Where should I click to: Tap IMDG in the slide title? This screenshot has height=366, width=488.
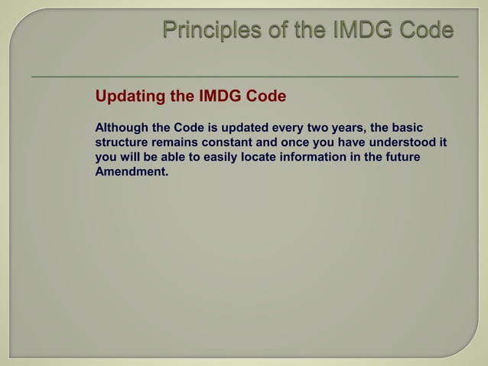coord(360,31)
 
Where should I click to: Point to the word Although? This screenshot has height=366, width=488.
coord(122,126)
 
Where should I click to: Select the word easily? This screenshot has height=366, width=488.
coord(220,157)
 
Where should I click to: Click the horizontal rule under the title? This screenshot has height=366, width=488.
coord(244,77)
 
